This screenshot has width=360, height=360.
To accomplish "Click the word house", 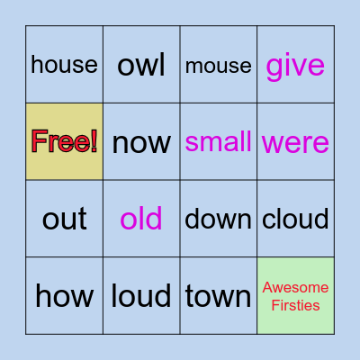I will point(64,65).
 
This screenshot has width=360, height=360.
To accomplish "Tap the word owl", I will point(141,65).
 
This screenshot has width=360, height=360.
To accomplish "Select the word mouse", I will point(218,65).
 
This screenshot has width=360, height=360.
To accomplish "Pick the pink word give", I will point(295,65).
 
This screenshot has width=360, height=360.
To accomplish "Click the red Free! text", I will point(64,141).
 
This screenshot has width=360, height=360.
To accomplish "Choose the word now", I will point(141,142).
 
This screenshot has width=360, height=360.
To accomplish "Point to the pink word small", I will point(218,141).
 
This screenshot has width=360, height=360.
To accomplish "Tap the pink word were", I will point(295,142).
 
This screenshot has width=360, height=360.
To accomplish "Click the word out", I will point(64,219).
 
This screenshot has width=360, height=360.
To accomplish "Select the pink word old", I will point(141,219).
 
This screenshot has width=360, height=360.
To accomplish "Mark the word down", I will point(218,219).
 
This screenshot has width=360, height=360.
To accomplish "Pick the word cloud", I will point(295,219).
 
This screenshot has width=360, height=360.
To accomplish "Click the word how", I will point(64,295).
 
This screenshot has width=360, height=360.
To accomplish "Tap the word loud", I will point(141,295).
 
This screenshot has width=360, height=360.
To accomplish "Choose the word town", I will point(218,295).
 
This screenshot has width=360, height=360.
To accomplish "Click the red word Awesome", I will point(295,288).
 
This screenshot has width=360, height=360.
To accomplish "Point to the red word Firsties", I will point(295,304).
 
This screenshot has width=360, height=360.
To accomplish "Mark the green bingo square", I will point(295,270).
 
